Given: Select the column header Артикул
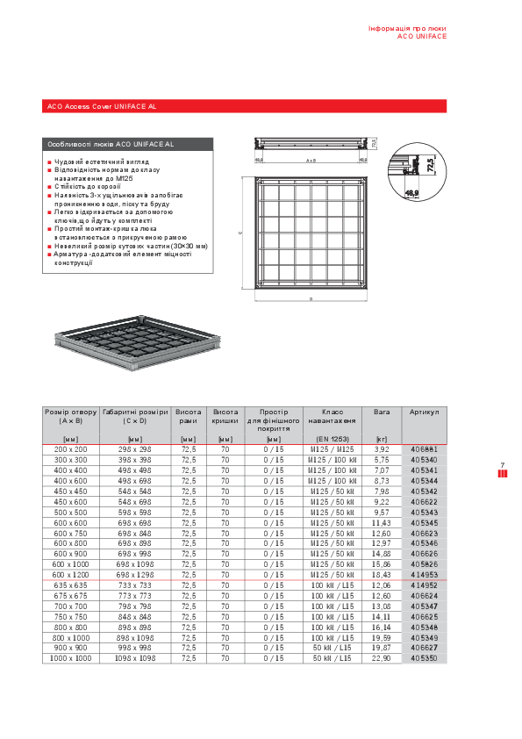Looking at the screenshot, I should coord(424,412).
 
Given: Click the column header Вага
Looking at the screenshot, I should coord(382,412).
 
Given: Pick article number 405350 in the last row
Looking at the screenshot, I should coord(424,657).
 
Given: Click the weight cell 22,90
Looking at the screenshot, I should coord(382,657).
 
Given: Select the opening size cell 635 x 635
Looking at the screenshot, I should coord(72,585).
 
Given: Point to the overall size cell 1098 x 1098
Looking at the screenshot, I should coord(135,657).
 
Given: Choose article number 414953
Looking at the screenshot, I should coord(424,574).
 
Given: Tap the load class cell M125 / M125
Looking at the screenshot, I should coord(333,448).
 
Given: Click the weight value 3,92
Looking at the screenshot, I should coord(382,448).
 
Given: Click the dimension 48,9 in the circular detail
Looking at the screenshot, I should coord(412,192).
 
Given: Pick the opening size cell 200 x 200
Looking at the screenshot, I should coord(72,448).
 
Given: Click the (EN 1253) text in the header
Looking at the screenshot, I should coord(333,438).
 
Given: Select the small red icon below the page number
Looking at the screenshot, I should coord(503,475).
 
